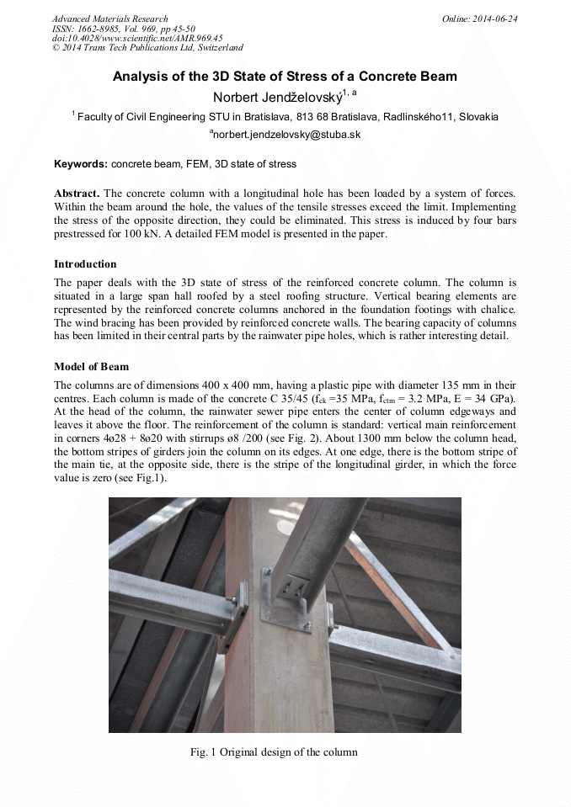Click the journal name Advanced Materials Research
109,19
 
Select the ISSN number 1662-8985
107,29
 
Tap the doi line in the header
136,38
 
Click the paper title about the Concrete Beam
285,77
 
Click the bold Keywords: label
80,163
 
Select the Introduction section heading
85,263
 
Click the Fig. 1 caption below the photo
274,751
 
